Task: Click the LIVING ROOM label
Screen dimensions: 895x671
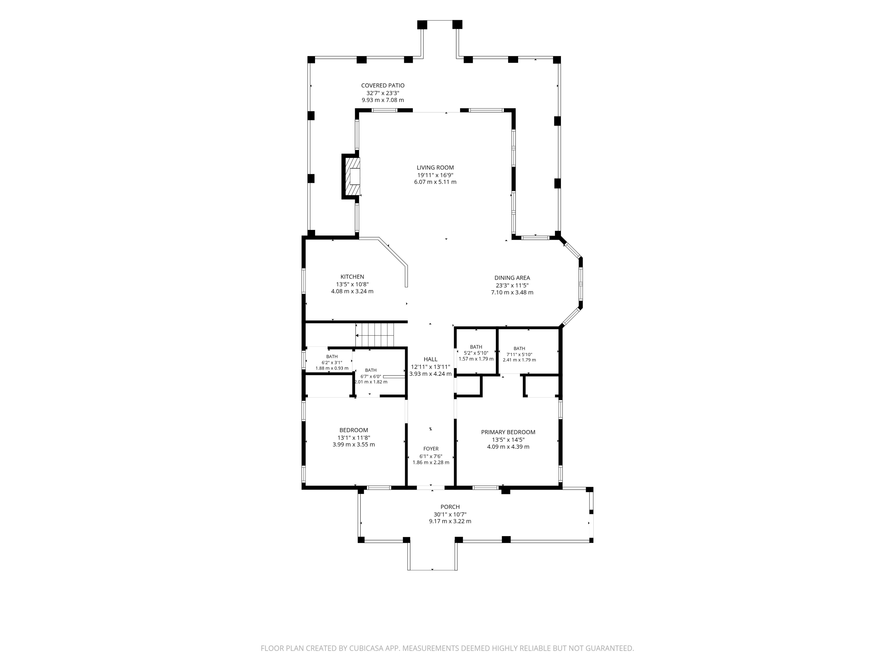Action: click(x=435, y=167)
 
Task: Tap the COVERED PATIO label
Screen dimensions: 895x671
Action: click(x=383, y=85)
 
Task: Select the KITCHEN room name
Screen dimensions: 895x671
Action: click(x=352, y=277)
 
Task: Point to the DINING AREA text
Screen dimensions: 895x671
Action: click(x=512, y=278)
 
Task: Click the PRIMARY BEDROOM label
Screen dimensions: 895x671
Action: click(x=508, y=432)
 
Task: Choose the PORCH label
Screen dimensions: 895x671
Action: click(x=450, y=507)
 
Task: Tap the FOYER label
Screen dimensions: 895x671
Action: click(x=431, y=449)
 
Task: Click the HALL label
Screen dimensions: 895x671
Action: click(x=430, y=359)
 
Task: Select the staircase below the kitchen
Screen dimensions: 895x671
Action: click(x=375, y=335)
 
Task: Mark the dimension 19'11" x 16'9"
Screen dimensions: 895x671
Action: click(x=435, y=175)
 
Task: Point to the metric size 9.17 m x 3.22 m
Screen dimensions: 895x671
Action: click(x=450, y=521)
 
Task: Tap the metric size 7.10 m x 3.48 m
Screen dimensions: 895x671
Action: click(x=512, y=293)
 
